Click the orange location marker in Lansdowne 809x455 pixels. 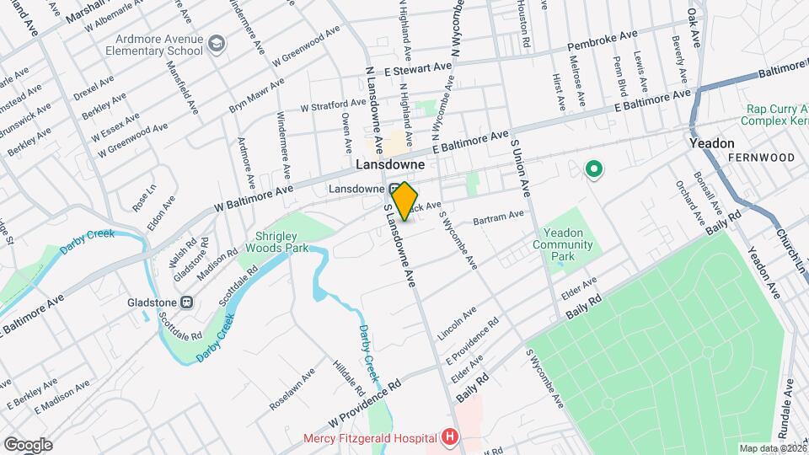click(405, 201)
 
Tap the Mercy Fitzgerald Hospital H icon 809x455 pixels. click(450, 437)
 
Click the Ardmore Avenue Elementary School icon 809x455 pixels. click(217, 44)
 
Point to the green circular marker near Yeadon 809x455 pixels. click(594, 171)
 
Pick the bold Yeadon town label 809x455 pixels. click(712, 143)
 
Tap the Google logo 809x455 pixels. click(27, 444)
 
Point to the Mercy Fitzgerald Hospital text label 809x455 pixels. click(370, 438)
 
